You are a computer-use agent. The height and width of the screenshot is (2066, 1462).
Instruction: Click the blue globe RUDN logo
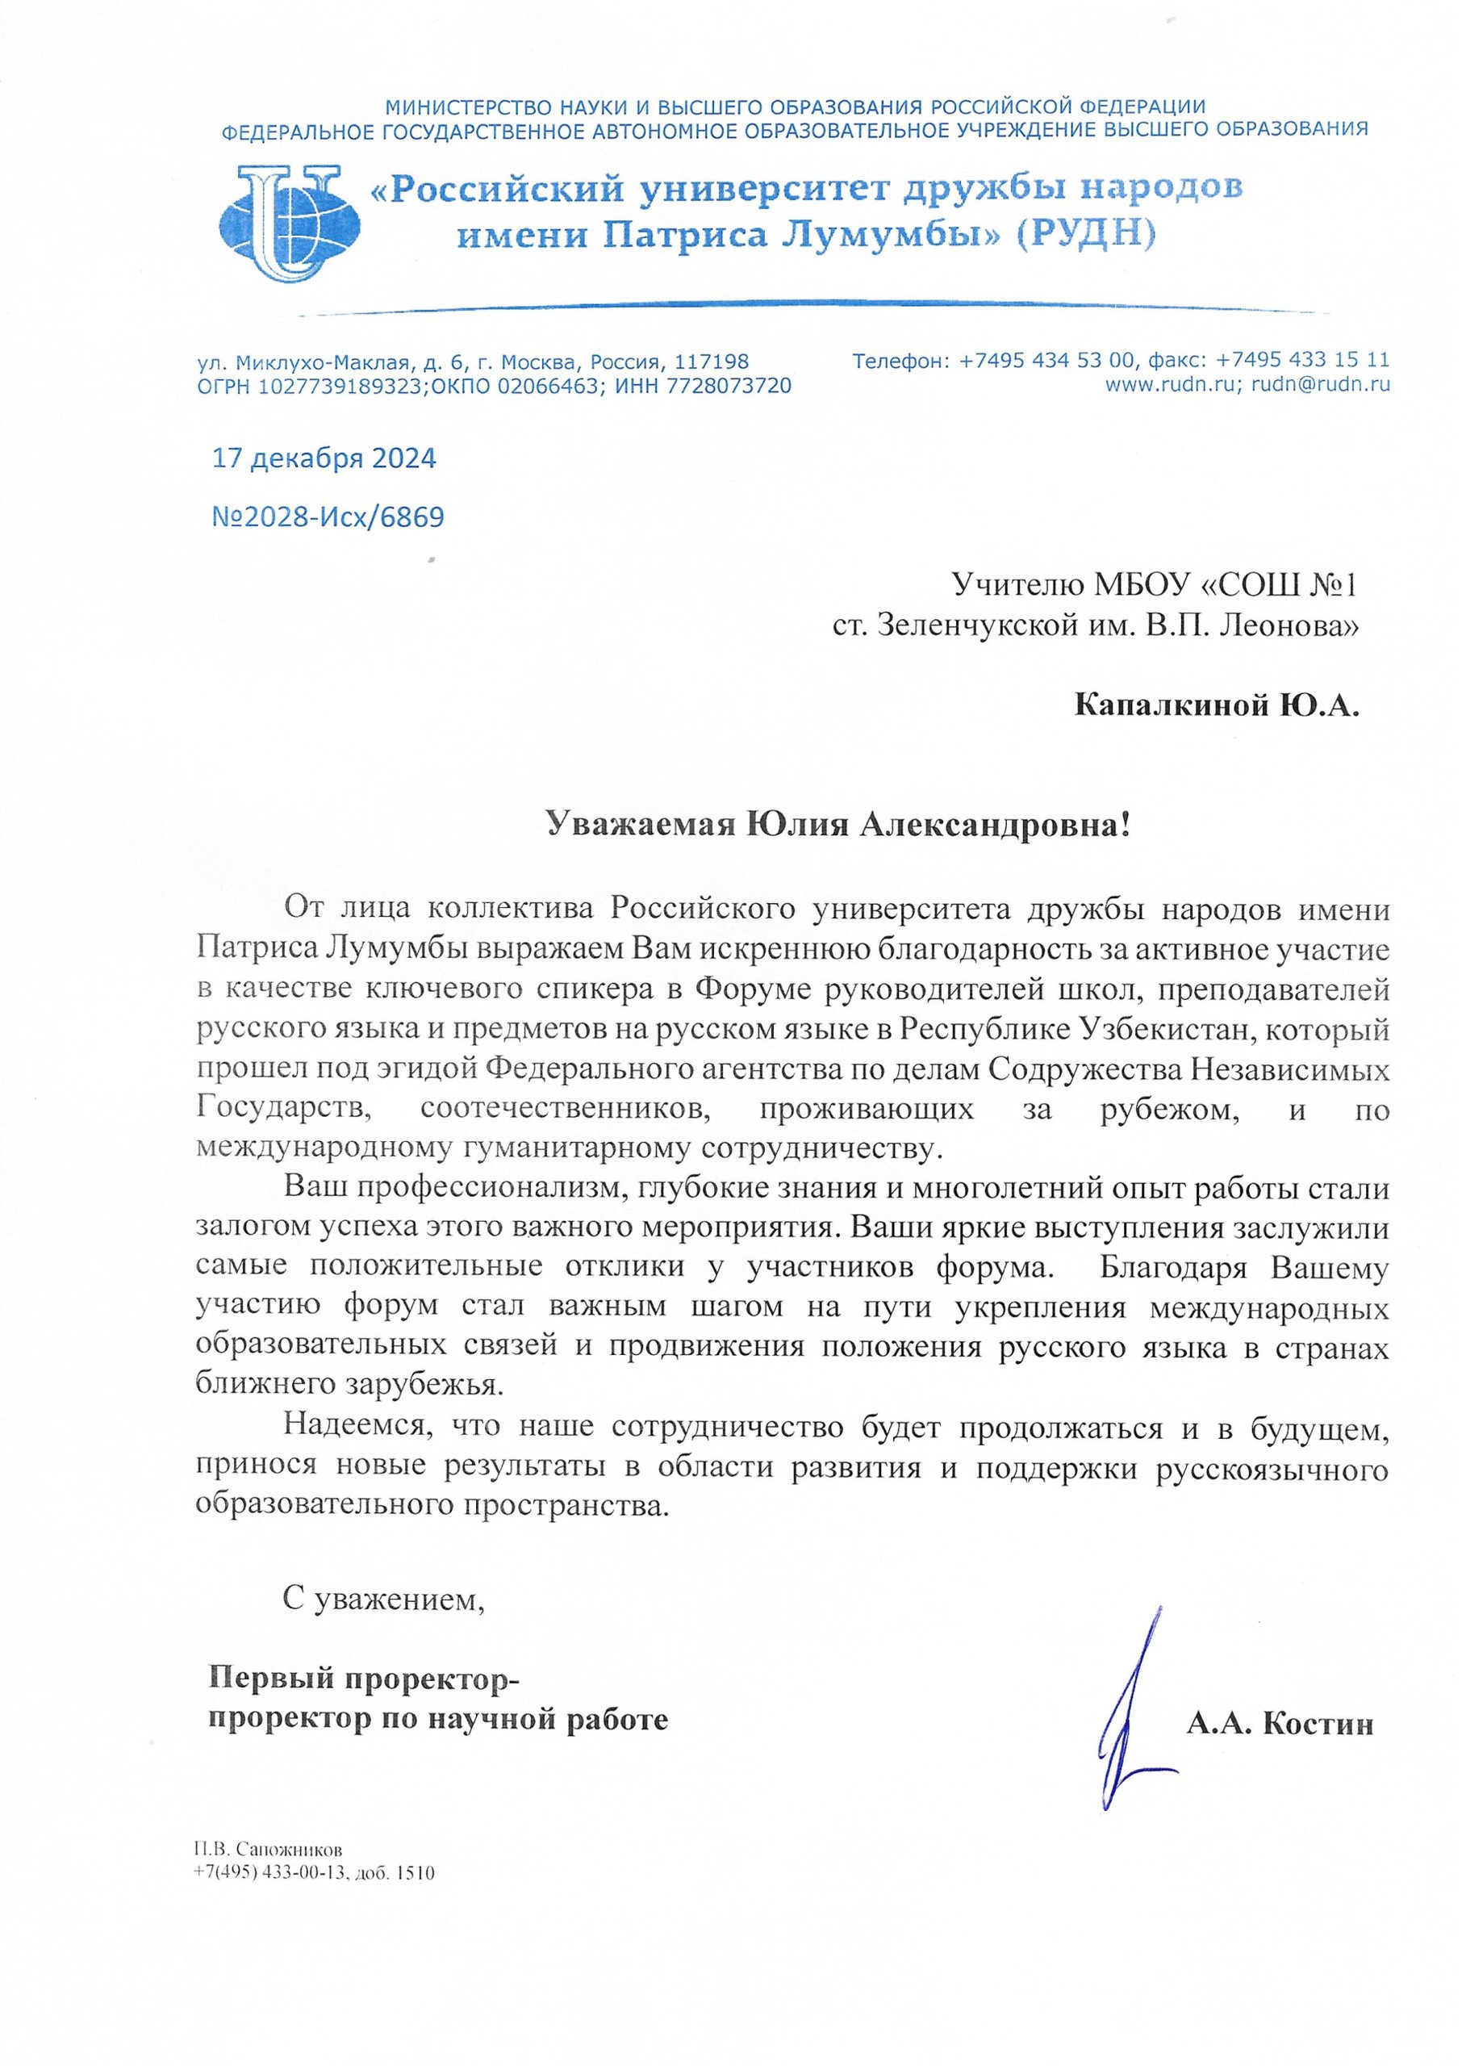pos(289,224)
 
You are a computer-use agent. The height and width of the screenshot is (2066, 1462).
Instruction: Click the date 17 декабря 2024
pos(324,458)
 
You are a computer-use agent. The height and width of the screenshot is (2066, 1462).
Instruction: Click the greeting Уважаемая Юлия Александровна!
pos(838,823)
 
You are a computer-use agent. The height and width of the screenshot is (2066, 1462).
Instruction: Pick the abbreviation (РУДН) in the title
pos(1084,236)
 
